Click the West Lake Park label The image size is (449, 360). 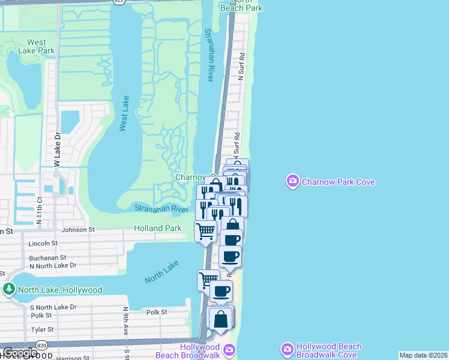(x=37, y=46)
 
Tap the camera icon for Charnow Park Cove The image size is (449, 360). (x=293, y=181)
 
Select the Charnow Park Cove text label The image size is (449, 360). (x=339, y=181)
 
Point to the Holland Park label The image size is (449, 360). (x=158, y=228)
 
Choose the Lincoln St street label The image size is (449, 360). (x=43, y=244)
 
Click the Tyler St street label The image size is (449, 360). (x=43, y=329)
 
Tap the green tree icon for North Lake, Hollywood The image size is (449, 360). (x=9, y=289)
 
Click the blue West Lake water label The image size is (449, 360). (x=124, y=113)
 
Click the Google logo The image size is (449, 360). (x=20, y=353)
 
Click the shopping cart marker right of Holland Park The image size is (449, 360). (x=206, y=230)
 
